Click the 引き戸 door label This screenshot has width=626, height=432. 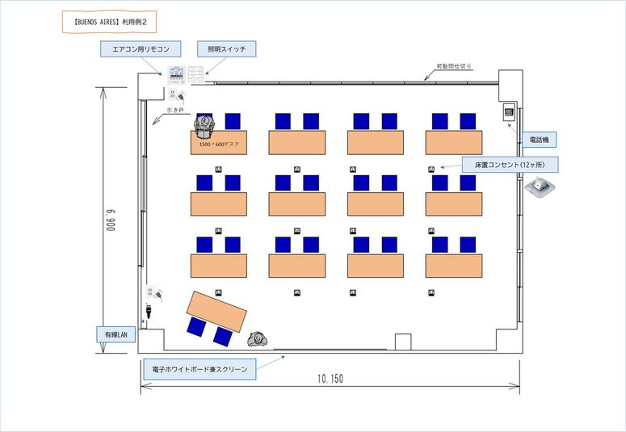175,109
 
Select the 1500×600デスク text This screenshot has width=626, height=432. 219,145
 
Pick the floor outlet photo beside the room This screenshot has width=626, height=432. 540,188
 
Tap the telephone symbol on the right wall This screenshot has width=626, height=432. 510,111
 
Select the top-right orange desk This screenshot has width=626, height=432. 454,142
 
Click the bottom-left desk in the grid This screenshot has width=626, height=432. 219,266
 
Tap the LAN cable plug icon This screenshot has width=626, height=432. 149,309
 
